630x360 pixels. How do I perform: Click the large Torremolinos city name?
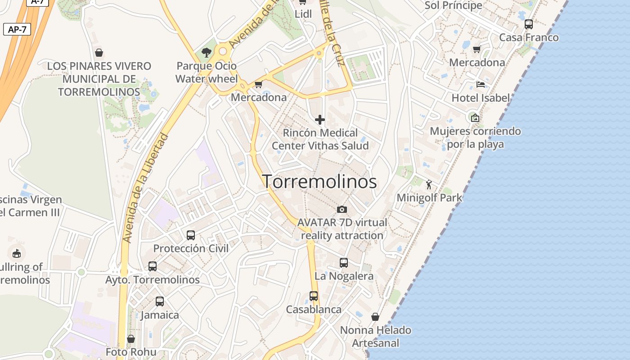click(319, 181)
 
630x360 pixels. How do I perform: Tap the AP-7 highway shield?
click(17, 30)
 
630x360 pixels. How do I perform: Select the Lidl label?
click(303, 14)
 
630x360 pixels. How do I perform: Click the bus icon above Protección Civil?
click(191, 235)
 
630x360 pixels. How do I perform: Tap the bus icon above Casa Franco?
click(529, 24)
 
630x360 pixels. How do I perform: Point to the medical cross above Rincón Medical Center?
click(320, 120)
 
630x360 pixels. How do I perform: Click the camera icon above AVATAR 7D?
click(342, 209)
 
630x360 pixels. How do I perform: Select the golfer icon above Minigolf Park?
click(429, 184)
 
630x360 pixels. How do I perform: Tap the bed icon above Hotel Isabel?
click(481, 85)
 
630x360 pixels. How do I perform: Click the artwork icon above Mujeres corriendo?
click(475, 118)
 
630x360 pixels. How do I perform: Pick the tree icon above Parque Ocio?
click(207, 53)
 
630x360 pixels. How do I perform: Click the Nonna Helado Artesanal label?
click(375, 336)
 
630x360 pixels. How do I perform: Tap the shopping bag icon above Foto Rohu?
click(131, 338)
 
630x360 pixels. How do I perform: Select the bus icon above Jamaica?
click(160, 301)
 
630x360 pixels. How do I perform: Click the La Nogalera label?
click(344, 276)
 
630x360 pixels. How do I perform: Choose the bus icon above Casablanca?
click(314, 296)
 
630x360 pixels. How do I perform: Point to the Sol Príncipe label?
click(453, 5)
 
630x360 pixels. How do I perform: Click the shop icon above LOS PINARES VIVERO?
click(99, 53)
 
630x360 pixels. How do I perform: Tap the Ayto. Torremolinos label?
click(153, 279)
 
